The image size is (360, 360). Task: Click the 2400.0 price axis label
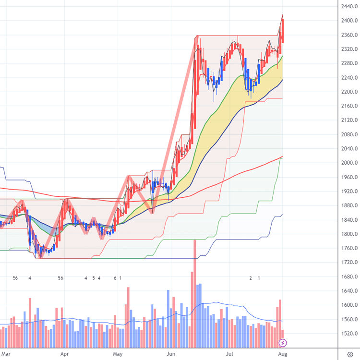347,21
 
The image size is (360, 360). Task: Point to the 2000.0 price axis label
347,163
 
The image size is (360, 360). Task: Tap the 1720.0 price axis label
347,262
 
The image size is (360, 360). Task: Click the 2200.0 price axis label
347,92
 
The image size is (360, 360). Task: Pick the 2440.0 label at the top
347,6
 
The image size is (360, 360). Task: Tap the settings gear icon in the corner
350,355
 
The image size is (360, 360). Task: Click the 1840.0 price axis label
347,219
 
